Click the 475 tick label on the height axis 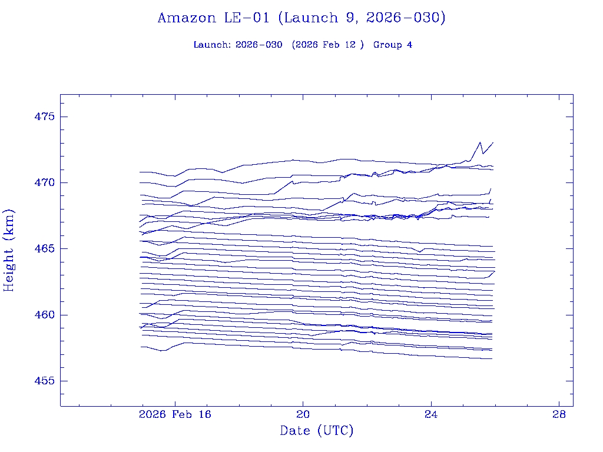(x=45, y=117)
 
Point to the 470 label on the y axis (x=45, y=182)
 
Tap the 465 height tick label (x=45, y=248)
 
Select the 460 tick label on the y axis (x=45, y=315)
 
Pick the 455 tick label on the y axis (x=45, y=381)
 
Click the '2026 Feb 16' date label (x=174, y=414)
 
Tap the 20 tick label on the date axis (x=303, y=414)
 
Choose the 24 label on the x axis (x=431, y=414)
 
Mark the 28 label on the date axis (x=559, y=414)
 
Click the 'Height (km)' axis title (x=9, y=250)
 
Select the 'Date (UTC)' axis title (x=317, y=431)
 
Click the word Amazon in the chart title (x=187, y=18)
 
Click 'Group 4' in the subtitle (x=393, y=45)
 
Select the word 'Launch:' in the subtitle (x=212, y=45)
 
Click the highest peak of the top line (x=481, y=142)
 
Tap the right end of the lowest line (x=492, y=358)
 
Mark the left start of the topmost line (x=140, y=172)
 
